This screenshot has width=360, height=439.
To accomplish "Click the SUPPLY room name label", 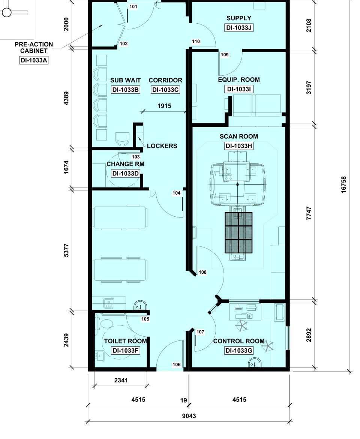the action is pyautogui.click(x=239, y=18).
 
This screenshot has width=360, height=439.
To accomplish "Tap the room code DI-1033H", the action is pyautogui.click(x=239, y=146).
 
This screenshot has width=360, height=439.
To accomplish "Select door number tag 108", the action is pyautogui.click(x=202, y=272).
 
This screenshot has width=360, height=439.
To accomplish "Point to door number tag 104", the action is pyautogui.click(x=177, y=193).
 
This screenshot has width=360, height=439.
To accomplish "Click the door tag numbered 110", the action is pyautogui.click(x=196, y=42).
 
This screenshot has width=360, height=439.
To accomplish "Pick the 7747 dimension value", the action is pyautogui.click(x=309, y=213).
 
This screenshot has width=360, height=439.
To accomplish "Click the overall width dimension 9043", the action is pyautogui.click(x=189, y=416).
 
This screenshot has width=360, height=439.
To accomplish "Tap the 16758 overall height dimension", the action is pyautogui.click(x=344, y=184).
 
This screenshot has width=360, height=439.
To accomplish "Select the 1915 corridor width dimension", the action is pyautogui.click(x=165, y=106).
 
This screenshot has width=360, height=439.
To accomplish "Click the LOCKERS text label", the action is pyautogui.click(x=162, y=146).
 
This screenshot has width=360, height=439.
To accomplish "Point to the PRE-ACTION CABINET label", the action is pyautogui.click(x=34, y=48).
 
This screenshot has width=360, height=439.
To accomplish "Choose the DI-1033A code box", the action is pyautogui.click(x=34, y=60).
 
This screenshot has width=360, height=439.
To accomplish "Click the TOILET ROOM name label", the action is pyautogui.click(x=126, y=341).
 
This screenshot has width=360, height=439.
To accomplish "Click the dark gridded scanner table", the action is pyautogui.click(x=239, y=233).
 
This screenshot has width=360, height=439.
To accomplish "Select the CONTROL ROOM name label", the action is pyautogui.click(x=239, y=341).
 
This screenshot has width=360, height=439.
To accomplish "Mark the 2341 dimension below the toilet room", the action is pyautogui.click(x=121, y=380).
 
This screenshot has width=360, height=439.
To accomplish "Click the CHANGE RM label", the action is pyautogui.click(x=126, y=164).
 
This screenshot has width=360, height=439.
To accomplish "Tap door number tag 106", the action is pyautogui.click(x=177, y=364).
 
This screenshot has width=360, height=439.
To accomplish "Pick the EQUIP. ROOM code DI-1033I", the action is pyautogui.click(x=239, y=89).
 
